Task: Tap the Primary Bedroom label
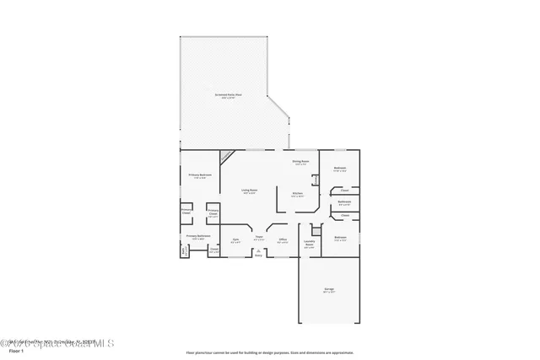point(200,175)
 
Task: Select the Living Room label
point(249,191)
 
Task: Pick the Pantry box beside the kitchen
point(315,179)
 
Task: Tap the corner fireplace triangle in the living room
point(226,156)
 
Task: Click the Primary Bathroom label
point(198,237)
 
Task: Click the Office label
point(283,240)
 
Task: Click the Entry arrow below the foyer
point(259,253)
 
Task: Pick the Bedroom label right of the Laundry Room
point(339,238)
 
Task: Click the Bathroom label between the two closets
point(344,202)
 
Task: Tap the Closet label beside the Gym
point(214,250)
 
